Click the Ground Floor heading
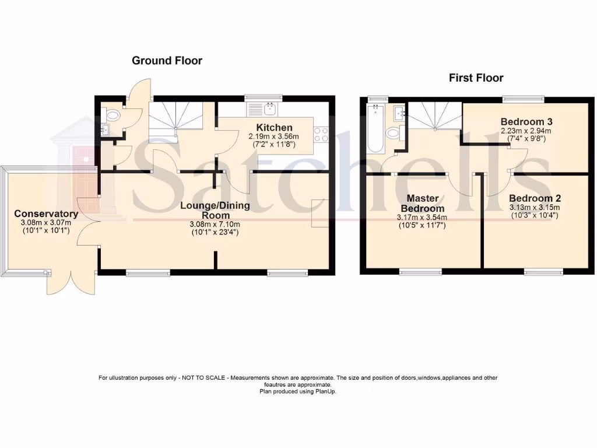(167, 61)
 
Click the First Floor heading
(476, 78)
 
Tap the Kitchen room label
(274, 128)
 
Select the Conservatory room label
(46, 213)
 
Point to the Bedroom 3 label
(526, 121)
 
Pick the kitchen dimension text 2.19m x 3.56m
(274, 136)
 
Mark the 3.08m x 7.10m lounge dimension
(215, 225)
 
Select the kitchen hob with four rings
(321, 135)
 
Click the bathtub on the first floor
(374, 128)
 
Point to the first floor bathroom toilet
(394, 133)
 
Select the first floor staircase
(434, 116)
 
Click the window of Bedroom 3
(524, 98)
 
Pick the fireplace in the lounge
(319, 214)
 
